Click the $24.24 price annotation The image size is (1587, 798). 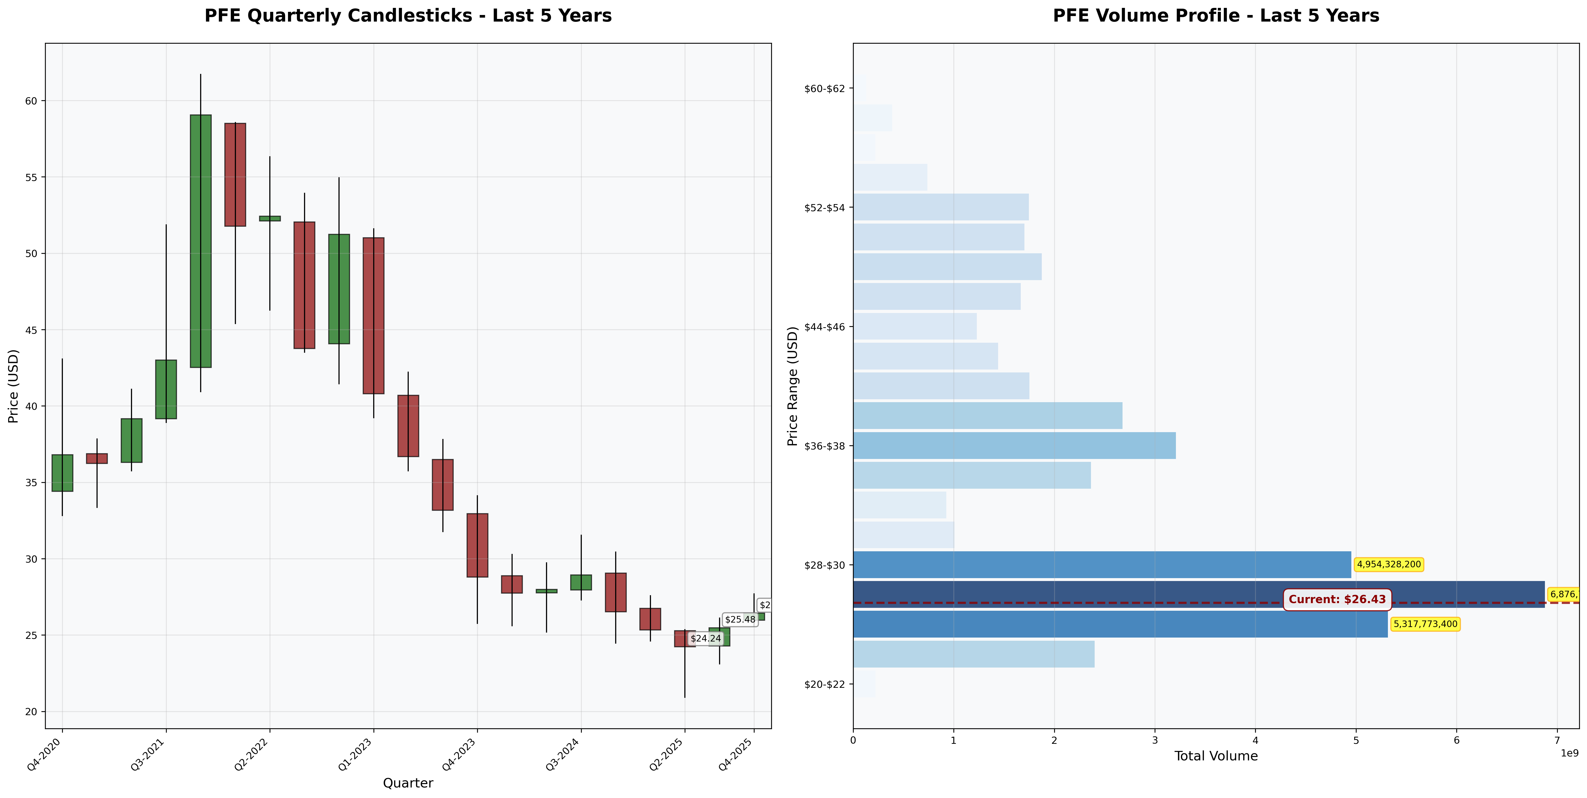point(705,638)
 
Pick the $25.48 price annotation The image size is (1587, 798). point(740,619)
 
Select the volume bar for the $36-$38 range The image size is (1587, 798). point(1014,446)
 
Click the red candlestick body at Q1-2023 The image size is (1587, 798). point(373,316)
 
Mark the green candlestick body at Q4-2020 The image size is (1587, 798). point(62,473)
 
